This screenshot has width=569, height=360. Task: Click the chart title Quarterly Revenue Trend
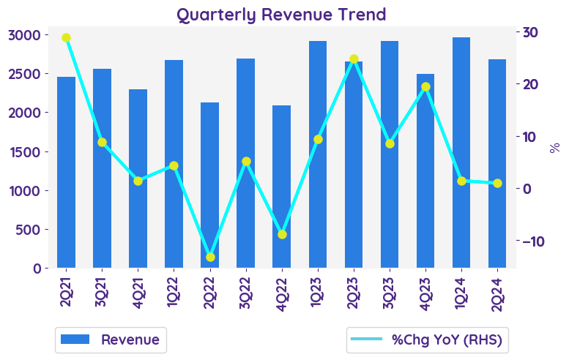(x=281, y=15)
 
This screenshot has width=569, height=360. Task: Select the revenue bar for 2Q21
(x=66, y=172)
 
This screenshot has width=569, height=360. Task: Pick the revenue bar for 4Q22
(x=281, y=187)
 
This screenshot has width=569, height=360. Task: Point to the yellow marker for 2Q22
(x=210, y=257)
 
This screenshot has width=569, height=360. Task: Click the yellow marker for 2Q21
(x=66, y=38)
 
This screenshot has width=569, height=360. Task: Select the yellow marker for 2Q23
(x=354, y=59)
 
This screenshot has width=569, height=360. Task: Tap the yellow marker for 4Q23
(x=425, y=87)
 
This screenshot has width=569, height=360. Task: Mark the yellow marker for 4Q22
(x=282, y=234)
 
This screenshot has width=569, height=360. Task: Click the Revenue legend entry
(x=111, y=340)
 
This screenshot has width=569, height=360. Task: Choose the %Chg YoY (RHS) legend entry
(x=428, y=340)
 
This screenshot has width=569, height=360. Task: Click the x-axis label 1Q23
(x=318, y=288)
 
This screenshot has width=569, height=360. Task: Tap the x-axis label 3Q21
(x=103, y=288)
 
